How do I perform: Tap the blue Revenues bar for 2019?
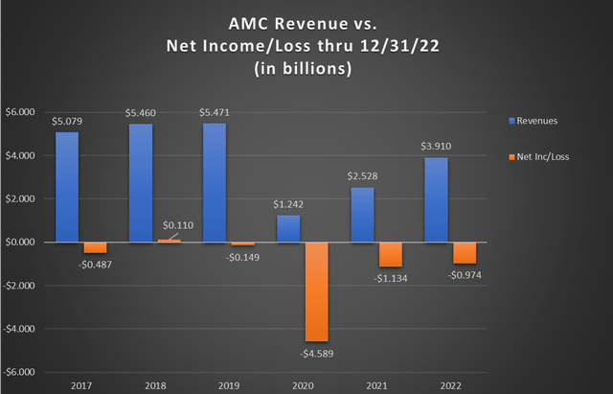pyautogui.click(x=216, y=182)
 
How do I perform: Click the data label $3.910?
pyautogui.click(x=436, y=147)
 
